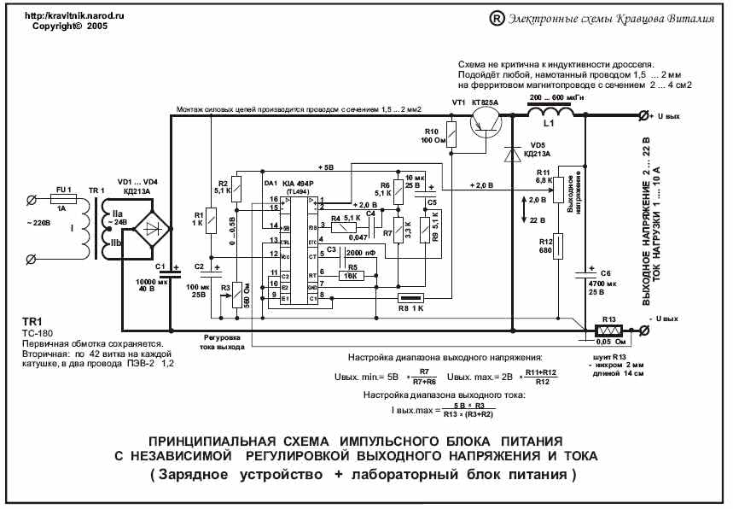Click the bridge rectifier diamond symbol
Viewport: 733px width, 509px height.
[154, 229]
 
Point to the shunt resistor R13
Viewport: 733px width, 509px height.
[608, 329]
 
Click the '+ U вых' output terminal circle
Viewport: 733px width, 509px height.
[643, 114]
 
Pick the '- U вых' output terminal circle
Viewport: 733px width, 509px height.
[643, 330]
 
